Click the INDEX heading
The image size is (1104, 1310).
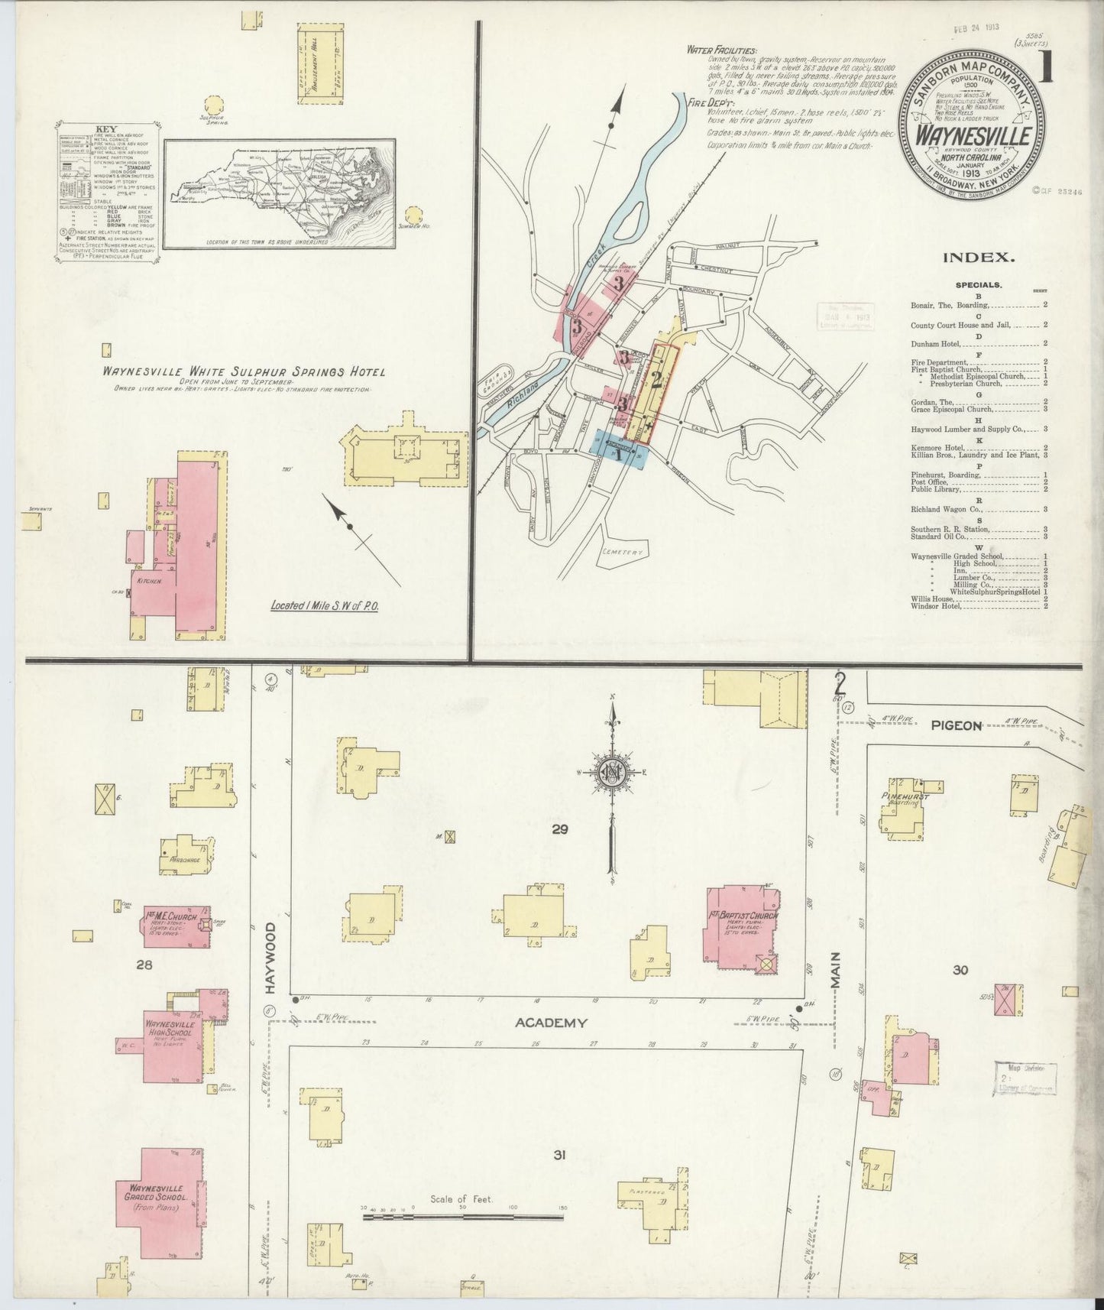point(978,258)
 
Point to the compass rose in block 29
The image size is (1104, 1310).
point(613,772)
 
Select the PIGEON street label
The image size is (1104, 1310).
point(955,725)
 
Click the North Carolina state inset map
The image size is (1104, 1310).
point(279,193)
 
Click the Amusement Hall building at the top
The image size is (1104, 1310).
point(319,51)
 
